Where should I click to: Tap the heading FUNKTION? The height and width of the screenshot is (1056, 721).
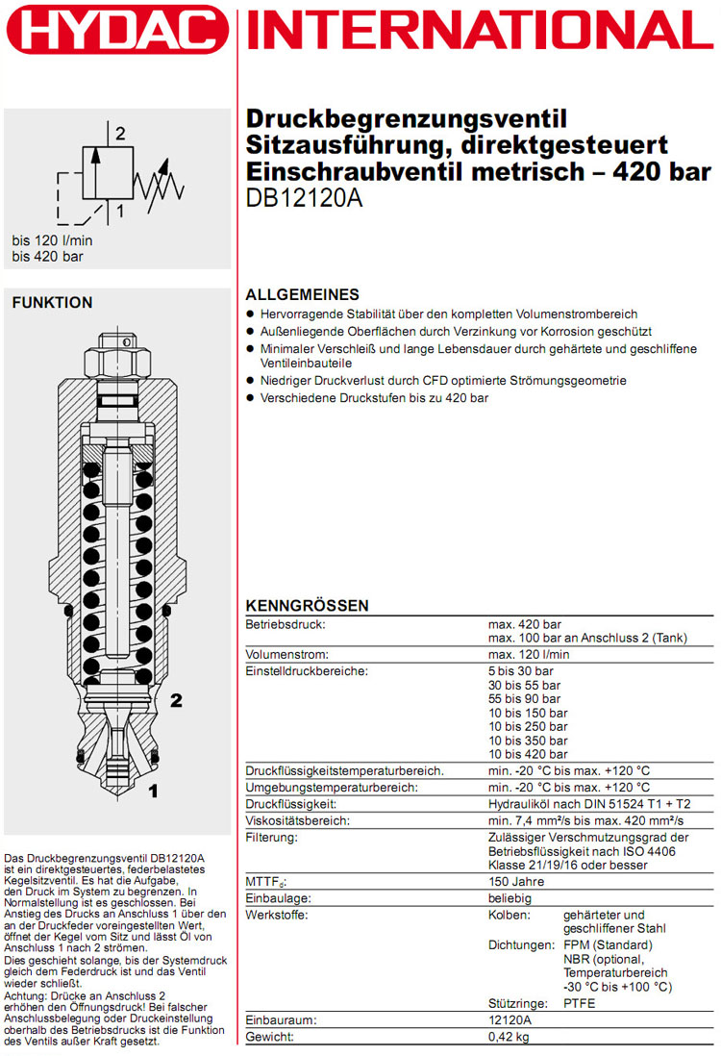[52, 303]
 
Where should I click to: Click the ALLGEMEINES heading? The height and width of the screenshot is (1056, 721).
[303, 295]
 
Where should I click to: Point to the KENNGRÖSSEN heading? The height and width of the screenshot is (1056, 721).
[308, 606]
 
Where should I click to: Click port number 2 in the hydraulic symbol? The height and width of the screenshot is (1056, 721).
[120, 134]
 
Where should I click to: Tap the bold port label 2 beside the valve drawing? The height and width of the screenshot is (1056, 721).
[175, 700]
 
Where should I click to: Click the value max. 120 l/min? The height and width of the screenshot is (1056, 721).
[529, 654]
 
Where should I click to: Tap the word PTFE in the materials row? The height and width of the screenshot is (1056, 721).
[581, 1003]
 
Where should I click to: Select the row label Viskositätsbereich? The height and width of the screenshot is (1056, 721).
[298, 820]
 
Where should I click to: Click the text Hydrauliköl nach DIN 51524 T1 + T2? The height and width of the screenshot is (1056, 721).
[588, 804]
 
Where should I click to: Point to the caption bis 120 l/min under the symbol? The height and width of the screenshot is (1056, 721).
[52, 240]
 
